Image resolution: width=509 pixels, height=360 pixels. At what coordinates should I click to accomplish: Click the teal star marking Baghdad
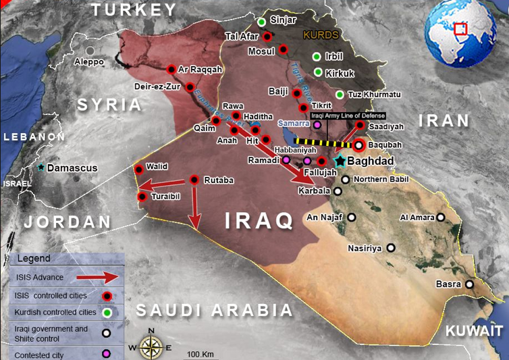[340, 161]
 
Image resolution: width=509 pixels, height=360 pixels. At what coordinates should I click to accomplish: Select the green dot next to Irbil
[317, 56]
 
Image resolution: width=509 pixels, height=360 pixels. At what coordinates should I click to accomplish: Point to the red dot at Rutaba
[194, 180]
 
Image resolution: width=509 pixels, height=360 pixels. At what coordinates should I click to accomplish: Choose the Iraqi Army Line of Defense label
[348, 116]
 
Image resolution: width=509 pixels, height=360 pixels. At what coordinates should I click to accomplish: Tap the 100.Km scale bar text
[200, 354]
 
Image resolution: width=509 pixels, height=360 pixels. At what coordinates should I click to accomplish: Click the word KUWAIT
[474, 331]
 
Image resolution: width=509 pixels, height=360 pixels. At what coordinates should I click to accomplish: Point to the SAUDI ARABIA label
[215, 310]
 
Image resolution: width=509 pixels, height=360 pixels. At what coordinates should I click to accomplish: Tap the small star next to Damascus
[42, 167]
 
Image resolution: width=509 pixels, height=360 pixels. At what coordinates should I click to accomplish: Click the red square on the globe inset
[460, 29]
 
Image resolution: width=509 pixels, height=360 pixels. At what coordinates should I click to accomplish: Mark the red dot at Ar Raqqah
[171, 69]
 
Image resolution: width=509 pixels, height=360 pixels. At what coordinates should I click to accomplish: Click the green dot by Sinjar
[261, 22]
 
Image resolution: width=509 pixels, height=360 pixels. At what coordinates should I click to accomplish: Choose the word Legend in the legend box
[34, 259]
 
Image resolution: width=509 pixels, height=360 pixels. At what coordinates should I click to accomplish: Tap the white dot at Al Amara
[441, 217]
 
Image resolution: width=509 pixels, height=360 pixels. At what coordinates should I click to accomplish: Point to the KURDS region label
[320, 34]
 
